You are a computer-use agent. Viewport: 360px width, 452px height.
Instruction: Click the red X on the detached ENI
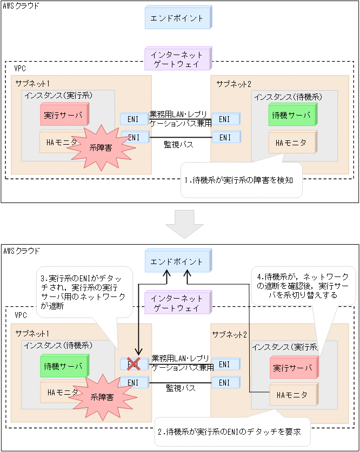click(x=133, y=363)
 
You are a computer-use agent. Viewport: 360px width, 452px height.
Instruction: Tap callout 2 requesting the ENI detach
click(x=232, y=431)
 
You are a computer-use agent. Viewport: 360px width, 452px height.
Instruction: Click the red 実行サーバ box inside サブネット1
click(x=64, y=115)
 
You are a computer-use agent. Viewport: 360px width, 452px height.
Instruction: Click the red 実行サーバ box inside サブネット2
click(x=292, y=368)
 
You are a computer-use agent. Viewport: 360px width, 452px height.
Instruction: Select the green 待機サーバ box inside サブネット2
click(x=292, y=116)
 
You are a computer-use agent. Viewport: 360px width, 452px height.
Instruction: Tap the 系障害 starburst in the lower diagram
click(x=101, y=397)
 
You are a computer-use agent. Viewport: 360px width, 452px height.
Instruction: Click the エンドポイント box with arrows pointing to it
click(x=177, y=261)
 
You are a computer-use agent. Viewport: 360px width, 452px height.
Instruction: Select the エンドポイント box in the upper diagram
click(x=177, y=18)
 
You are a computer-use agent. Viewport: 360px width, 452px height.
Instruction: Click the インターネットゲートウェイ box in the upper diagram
click(x=177, y=59)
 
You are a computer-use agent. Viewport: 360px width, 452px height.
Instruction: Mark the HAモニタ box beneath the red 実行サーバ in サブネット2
click(x=292, y=395)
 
